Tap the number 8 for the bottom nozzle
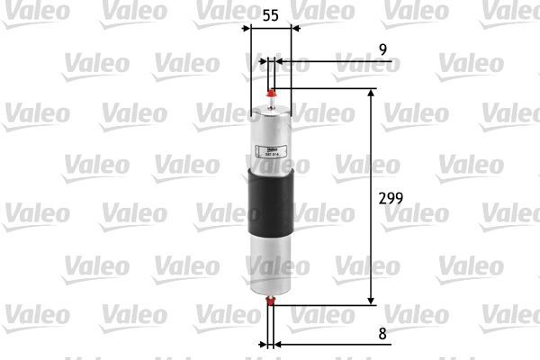coord(382,333)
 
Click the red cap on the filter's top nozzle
coord(272,90)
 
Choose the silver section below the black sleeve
coord(272,261)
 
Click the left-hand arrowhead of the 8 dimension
coord(264,344)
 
